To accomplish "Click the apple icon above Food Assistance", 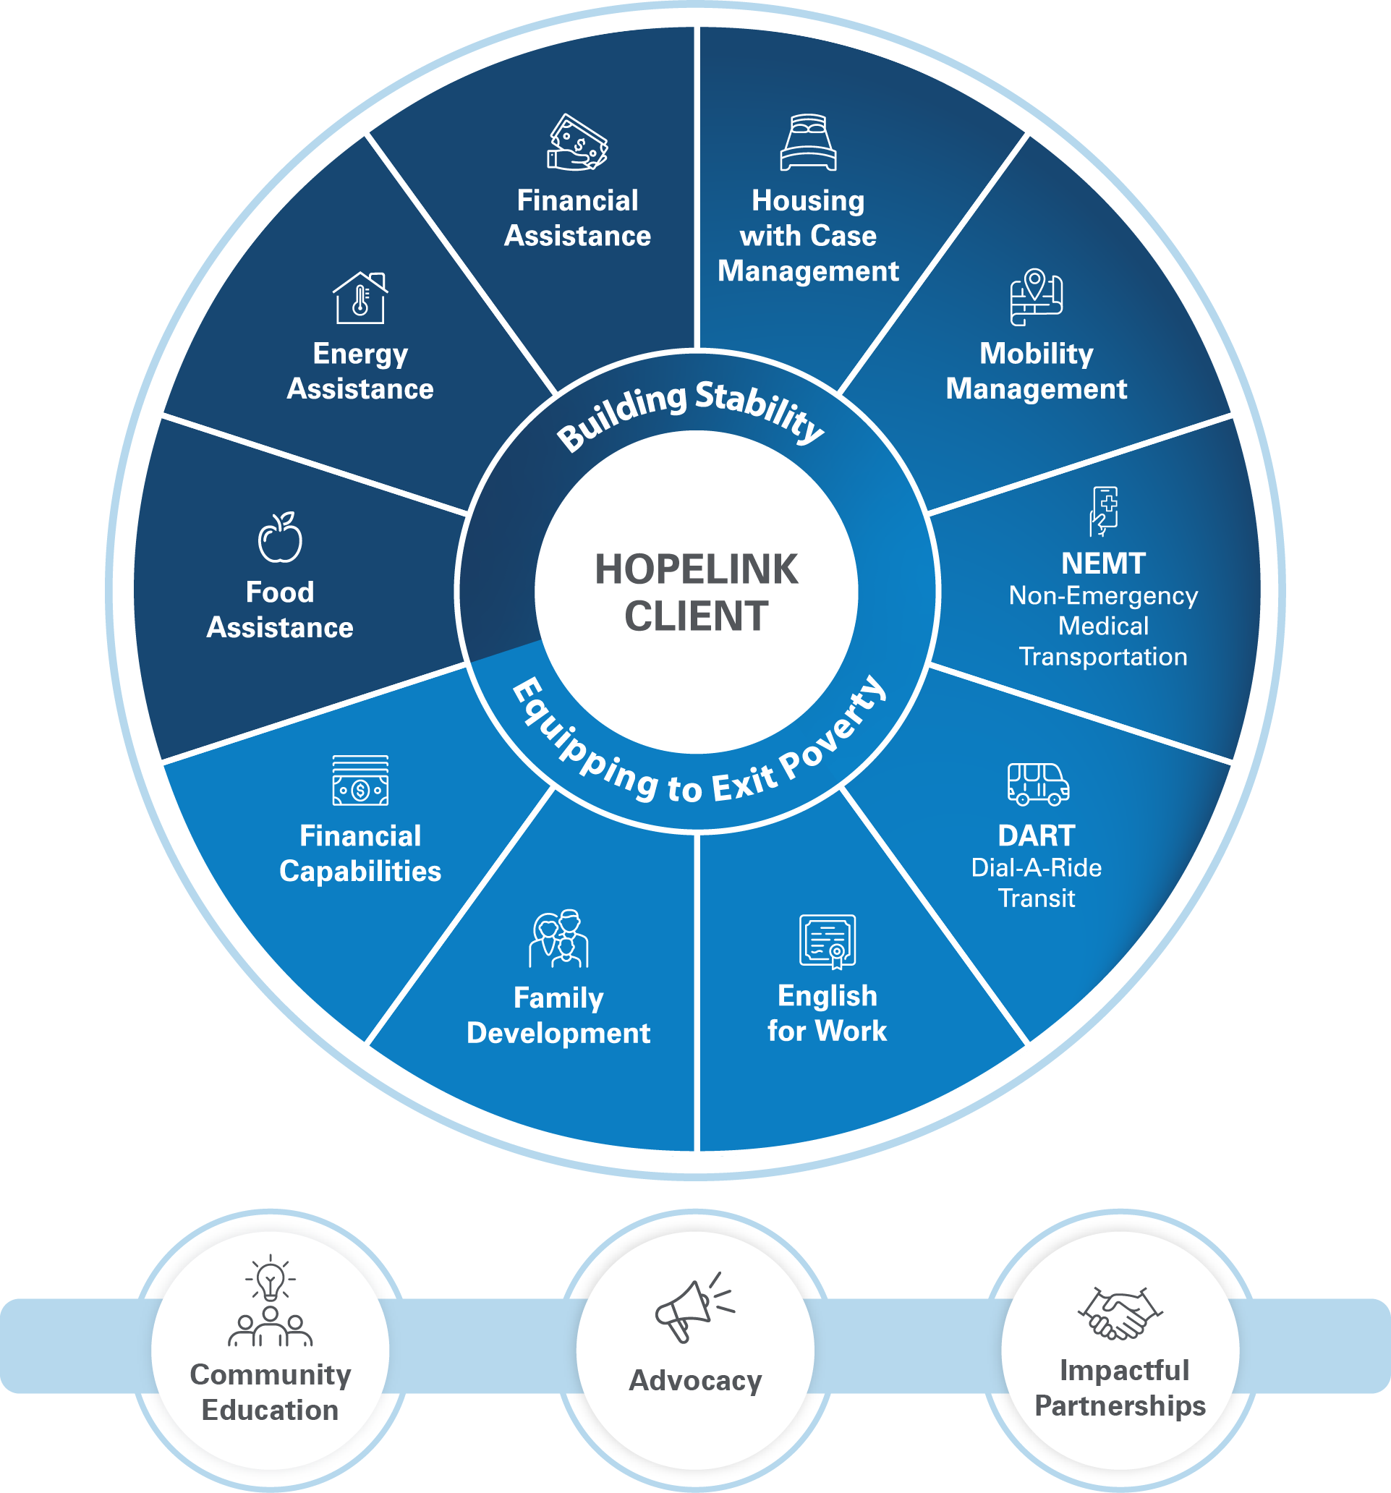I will pyautogui.click(x=280, y=537).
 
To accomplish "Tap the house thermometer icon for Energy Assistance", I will pyautogui.click(x=360, y=298).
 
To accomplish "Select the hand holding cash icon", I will pyautogui.click(x=577, y=142).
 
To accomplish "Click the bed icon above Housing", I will pyautogui.click(x=808, y=142).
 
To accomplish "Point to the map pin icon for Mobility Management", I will pyautogui.click(x=1036, y=297).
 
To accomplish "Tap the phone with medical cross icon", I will pyautogui.click(x=1104, y=511).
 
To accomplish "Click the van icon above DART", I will pyautogui.click(x=1038, y=784).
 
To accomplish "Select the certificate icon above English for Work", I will pyautogui.click(x=828, y=941).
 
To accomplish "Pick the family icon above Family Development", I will pyautogui.click(x=559, y=939).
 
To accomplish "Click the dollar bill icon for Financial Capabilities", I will pyautogui.click(x=360, y=780).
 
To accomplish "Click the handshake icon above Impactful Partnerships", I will pyautogui.click(x=1120, y=1314).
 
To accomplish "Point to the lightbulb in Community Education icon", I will pyautogui.click(x=271, y=1280).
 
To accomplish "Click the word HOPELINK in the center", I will pyautogui.click(x=697, y=569).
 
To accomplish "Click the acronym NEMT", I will pyautogui.click(x=1102, y=563).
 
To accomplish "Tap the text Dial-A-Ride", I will pyautogui.click(x=1036, y=867).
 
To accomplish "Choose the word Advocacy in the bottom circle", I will pyautogui.click(x=694, y=1380).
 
